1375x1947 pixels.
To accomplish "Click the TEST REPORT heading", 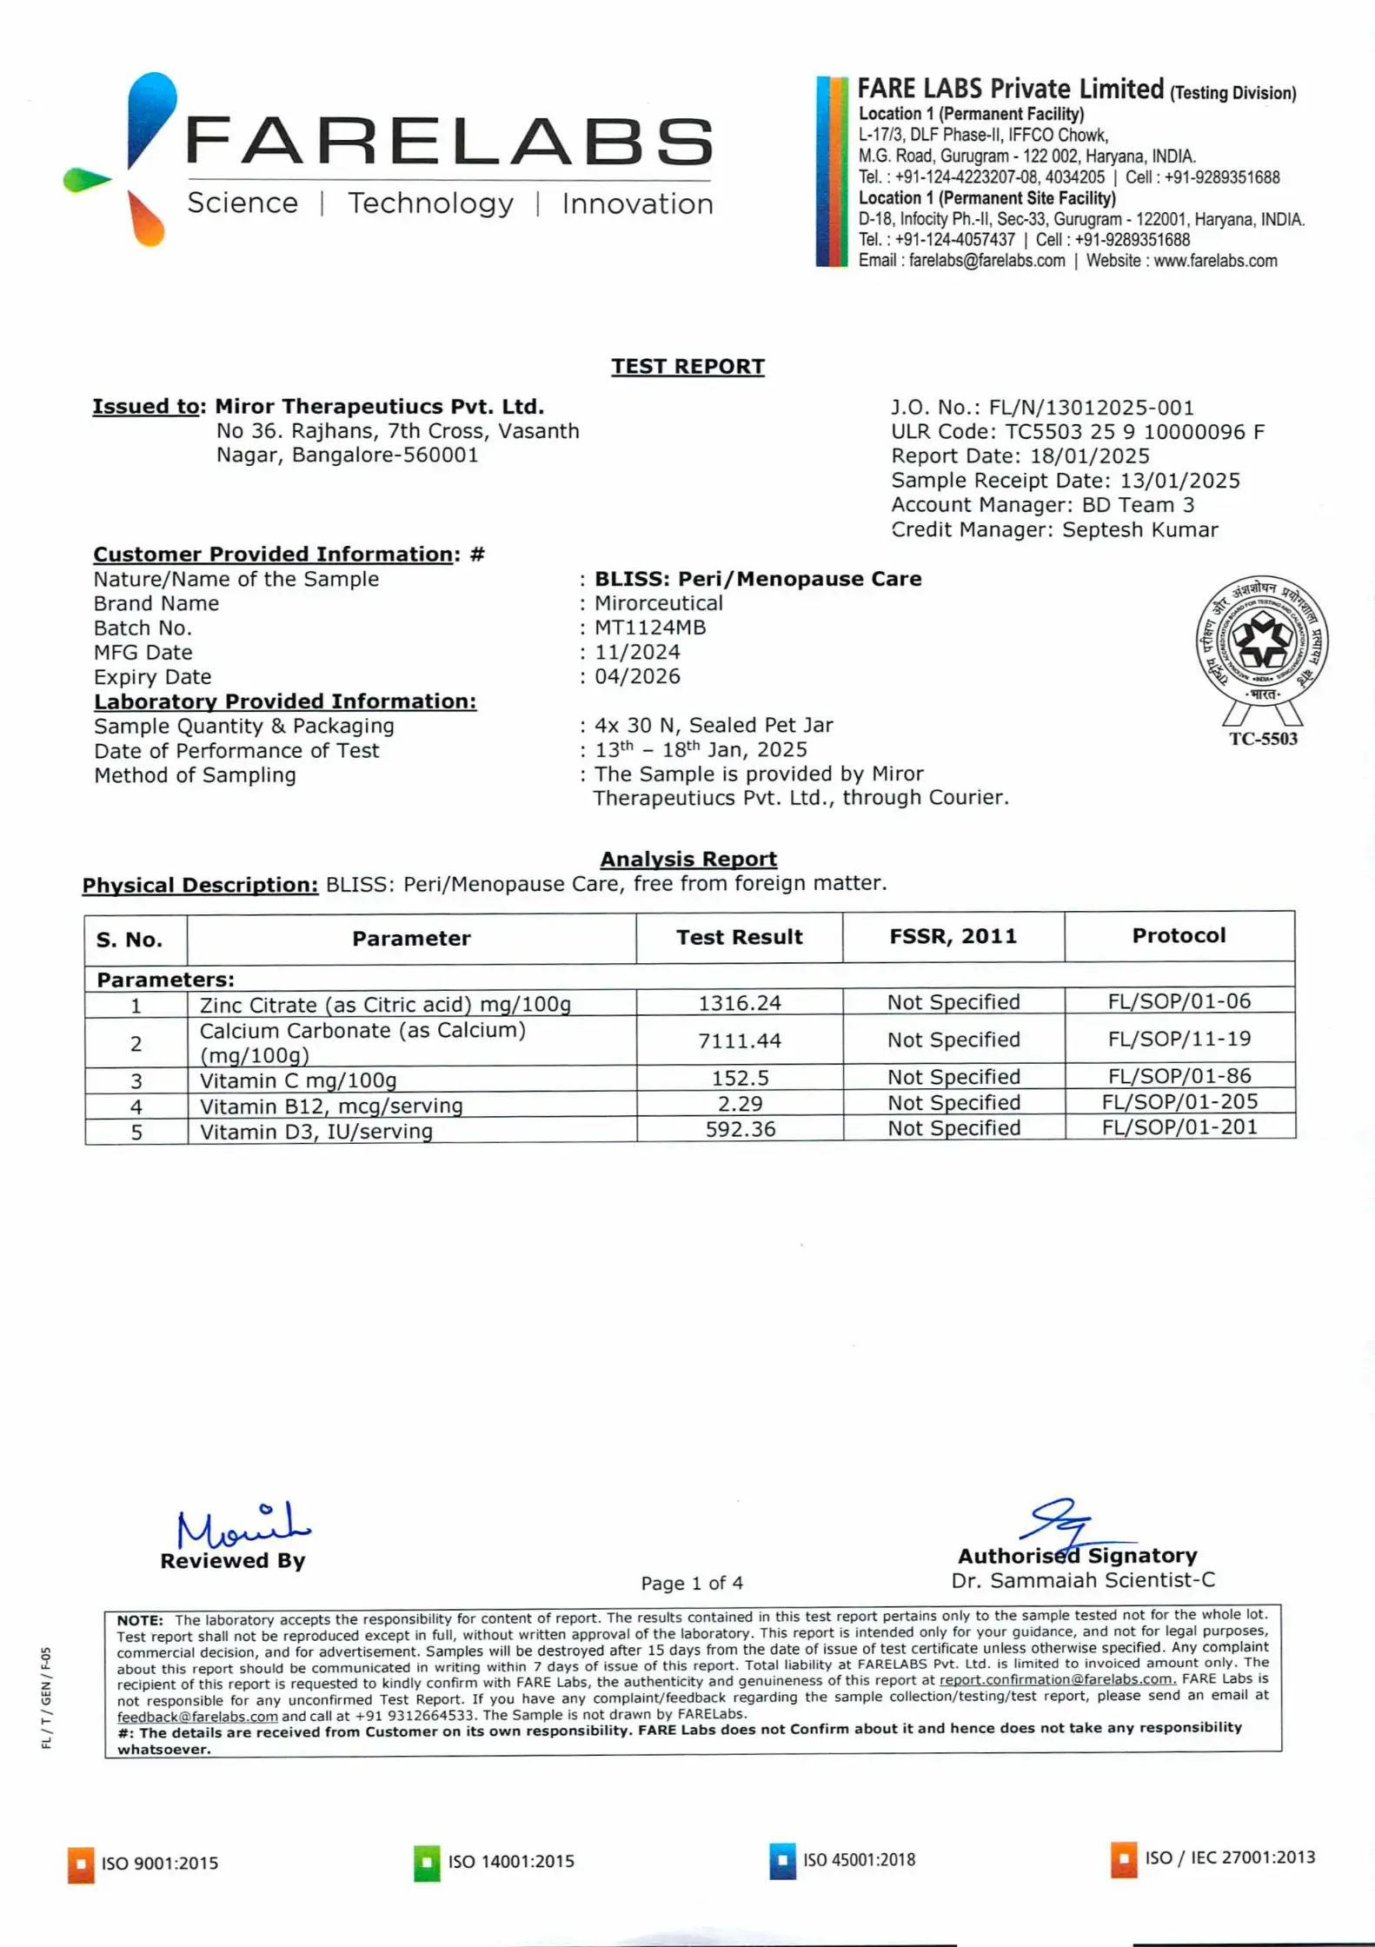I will point(687,366).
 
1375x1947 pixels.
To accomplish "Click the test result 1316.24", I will point(740,1003).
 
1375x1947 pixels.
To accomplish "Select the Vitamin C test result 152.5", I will point(740,1078).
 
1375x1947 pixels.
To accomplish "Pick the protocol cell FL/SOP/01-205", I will point(1179,1101).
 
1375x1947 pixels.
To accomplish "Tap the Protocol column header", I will point(1179,935).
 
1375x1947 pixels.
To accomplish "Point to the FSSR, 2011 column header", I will point(953,936).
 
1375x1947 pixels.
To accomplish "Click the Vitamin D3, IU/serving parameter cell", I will point(316,1131).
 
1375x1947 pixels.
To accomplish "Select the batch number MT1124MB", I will point(650,628).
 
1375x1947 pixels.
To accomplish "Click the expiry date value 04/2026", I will point(637,676).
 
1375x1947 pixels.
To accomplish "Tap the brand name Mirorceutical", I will point(658,603).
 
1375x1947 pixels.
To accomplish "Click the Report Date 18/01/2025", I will point(1090,456).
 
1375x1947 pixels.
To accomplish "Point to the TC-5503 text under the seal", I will point(1262,739).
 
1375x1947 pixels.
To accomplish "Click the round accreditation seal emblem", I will point(1261,643).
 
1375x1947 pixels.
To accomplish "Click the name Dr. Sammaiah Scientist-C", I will point(1083,1580).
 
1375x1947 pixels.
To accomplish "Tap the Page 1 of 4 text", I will point(692,1583).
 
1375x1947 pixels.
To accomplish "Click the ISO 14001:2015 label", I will point(511,1861).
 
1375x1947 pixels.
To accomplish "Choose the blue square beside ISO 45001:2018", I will point(782,1860).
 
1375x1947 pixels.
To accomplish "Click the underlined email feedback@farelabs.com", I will point(197,1717).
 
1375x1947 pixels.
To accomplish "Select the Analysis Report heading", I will point(688,859).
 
